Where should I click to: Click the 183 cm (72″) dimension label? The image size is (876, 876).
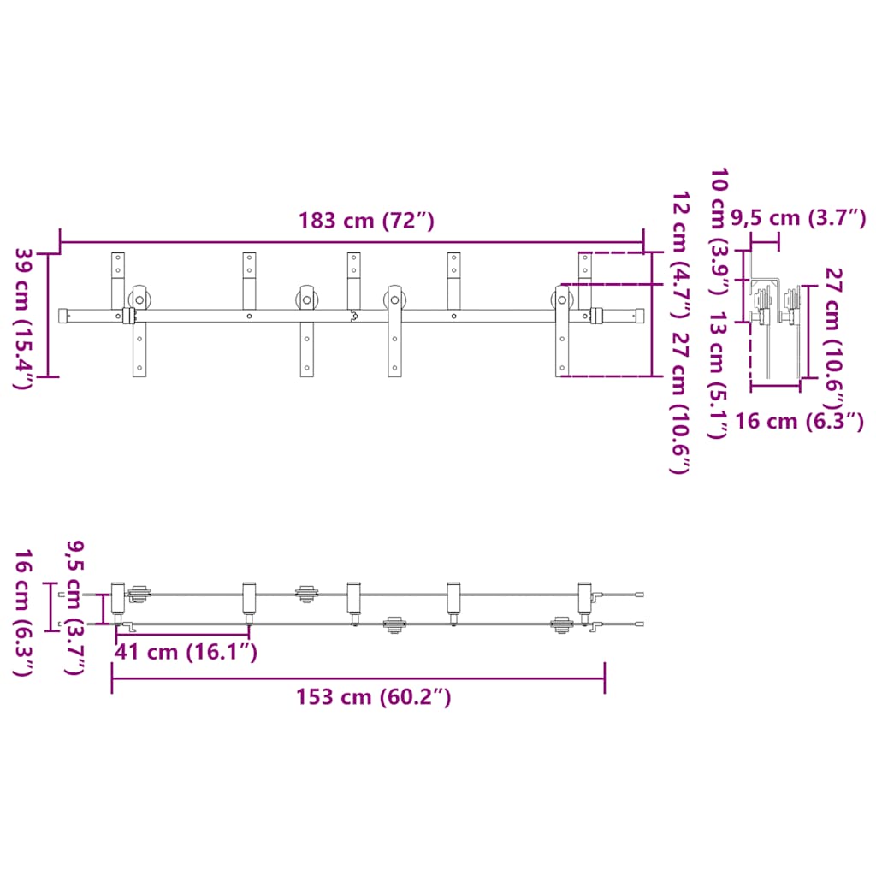click(x=366, y=221)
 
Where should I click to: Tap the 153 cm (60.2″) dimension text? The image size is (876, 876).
click(x=373, y=697)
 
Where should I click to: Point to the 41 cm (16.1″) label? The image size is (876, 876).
click(x=186, y=652)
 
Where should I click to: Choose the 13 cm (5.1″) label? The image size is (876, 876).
click(x=718, y=376)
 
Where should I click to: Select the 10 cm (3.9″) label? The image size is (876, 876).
click(x=718, y=231)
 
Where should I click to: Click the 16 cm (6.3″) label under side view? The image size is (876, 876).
click(x=799, y=421)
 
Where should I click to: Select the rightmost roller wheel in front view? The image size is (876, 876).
click(x=561, y=300)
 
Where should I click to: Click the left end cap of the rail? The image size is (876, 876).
click(x=64, y=316)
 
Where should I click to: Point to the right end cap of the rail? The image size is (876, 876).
click(x=637, y=316)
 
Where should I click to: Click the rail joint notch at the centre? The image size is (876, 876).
click(x=352, y=316)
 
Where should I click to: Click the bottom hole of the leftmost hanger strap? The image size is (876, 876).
click(x=139, y=369)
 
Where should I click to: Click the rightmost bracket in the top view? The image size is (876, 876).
click(x=585, y=598)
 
